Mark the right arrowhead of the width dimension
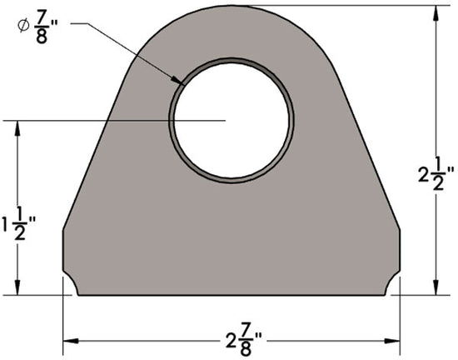pos(391,341)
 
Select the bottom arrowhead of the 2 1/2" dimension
pos(434,287)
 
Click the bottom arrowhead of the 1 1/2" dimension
pos(17,287)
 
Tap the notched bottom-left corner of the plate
pos(73,285)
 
